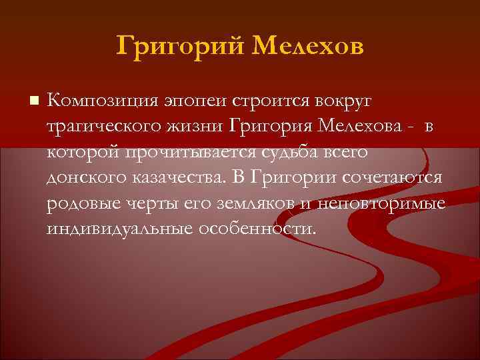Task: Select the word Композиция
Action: coord(100,102)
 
